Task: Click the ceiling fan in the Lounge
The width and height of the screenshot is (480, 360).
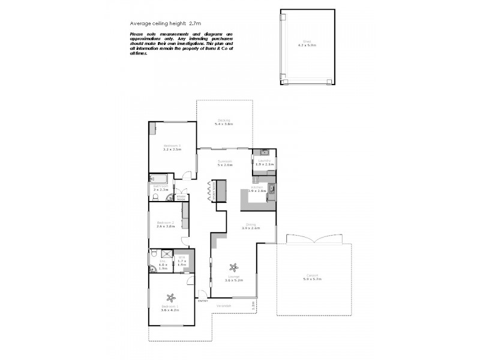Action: coord(234,267)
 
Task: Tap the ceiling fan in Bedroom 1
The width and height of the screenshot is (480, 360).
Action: coord(171,296)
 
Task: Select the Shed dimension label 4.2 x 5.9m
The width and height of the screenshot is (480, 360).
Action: coord(307,45)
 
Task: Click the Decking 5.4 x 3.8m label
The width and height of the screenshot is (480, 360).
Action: coord(224,122)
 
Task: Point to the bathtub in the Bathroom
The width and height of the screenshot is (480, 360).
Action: coord(160,178)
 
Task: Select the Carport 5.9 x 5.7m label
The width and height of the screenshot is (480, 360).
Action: coord(313,278)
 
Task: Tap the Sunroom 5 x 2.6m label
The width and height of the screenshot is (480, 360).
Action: coord(224,163)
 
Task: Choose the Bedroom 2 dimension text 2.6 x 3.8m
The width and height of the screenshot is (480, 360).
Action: coord(165,226)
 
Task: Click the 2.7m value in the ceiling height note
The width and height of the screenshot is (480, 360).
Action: coord(195,23)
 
